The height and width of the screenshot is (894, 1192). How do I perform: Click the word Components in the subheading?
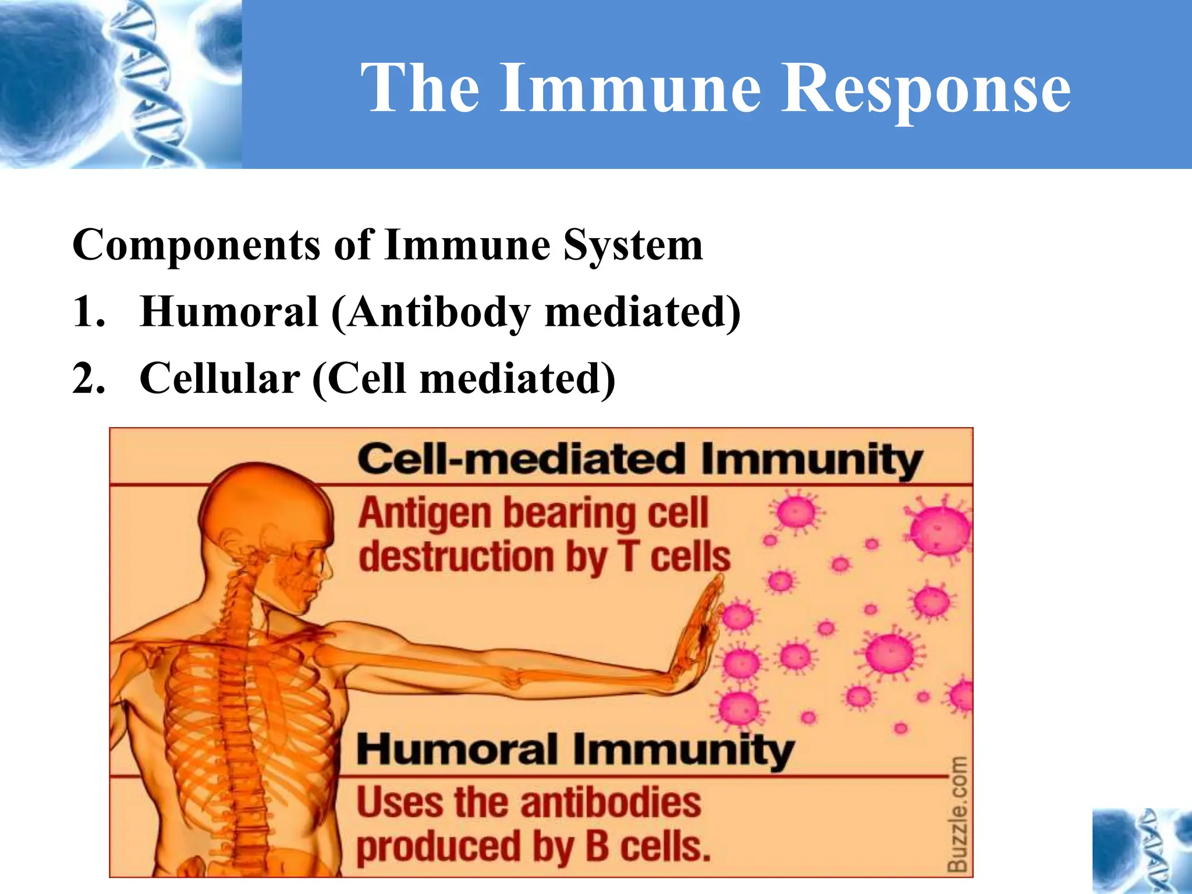(196, 245)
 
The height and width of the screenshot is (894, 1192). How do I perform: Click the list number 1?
(88, 312)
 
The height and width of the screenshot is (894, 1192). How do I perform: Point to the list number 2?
(88, 379)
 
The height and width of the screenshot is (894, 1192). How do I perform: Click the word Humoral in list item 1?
(229, 312)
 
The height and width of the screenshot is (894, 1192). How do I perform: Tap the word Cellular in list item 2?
(219, 379)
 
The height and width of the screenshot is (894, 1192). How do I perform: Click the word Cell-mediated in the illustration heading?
(520, 459)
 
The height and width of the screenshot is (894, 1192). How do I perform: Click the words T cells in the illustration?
(675, 557)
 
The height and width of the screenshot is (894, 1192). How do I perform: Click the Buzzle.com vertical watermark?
(957, 814)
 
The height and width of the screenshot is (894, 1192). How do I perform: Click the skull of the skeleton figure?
(268, 518)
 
